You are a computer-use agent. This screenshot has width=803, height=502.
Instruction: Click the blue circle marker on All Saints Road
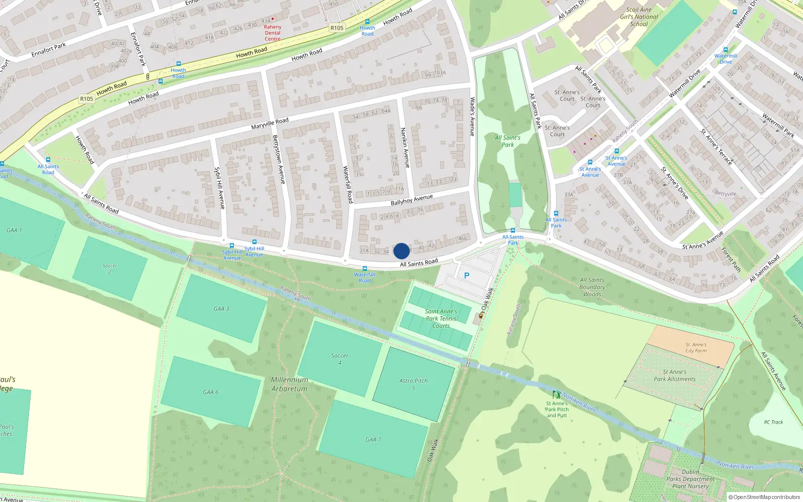coord(401,251)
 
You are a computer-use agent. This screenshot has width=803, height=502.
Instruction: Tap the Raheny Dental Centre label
coord(273,33)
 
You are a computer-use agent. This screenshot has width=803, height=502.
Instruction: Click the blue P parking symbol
coord(467,276)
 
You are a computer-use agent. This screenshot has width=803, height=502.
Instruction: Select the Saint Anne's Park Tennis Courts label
coord(441,319)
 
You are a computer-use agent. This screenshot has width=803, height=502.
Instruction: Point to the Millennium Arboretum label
coord(290,384)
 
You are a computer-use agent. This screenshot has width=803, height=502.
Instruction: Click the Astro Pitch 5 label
coord(414,384)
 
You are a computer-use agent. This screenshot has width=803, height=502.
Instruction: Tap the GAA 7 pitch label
coord(373,440)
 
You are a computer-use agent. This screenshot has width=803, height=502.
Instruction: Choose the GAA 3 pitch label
coord(221,309)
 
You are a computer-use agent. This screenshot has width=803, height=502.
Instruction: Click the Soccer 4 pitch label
coord(340,359)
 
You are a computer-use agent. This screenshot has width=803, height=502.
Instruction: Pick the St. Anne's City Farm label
coord(696,348)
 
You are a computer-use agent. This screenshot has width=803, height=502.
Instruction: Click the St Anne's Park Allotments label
coord(675,375)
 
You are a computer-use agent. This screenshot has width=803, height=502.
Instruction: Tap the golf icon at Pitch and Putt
coord(556,395)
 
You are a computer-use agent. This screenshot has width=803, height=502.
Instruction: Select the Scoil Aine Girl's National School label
coord(639,17)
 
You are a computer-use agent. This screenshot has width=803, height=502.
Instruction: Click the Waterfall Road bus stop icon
coord(365,269)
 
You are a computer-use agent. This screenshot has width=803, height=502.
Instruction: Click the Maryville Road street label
coord(270,123)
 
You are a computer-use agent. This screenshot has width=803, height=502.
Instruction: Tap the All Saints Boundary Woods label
coord(592,287)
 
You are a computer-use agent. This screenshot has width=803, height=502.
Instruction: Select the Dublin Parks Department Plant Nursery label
coord(691,479)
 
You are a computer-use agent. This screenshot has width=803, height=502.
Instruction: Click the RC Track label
coord(773,422)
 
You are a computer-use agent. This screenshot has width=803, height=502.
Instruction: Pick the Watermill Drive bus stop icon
coord(725,50)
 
